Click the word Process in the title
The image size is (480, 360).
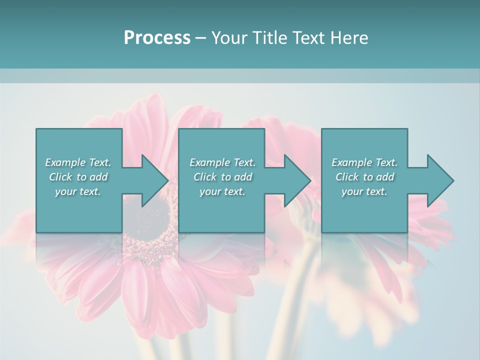pyautogui.click(x=157, y=38)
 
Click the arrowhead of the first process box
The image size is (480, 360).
pyautogui.click(x=154, y=180)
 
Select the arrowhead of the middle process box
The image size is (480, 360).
pyautogui.click(x=297, y=180)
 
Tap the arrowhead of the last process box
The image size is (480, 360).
pyautogui.click(x=440, y=180)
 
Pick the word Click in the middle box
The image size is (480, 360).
pyautogui.click(x=204, y=177)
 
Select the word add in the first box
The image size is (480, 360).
pyautogui.click(x=99, y=177)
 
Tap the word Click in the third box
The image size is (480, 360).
pyautogui.click(x=346, y=177)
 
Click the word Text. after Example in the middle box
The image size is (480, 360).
pyautogui.click(x=244, y=162)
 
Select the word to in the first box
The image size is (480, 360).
pyautogui.click(x=81, y=177)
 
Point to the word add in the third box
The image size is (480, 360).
pyautogui.click(x=385, y=177)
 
